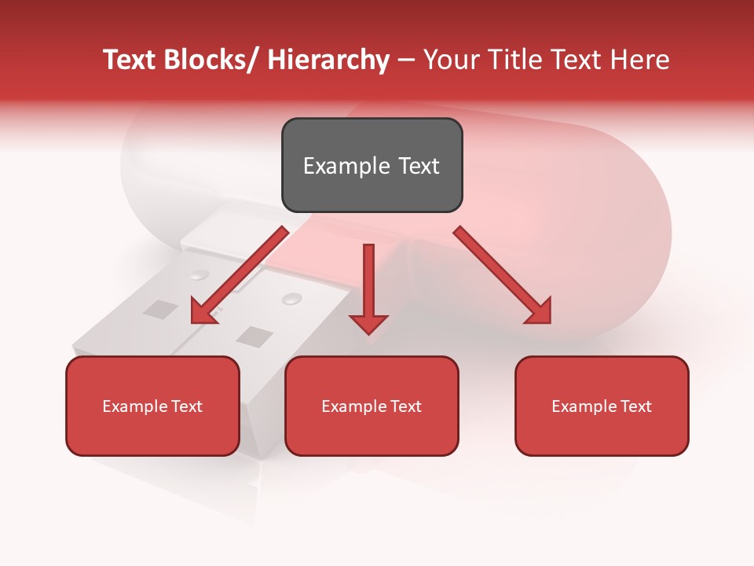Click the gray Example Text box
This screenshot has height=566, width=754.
[x=372, y=165]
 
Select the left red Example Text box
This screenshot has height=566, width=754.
[x=152, y=406]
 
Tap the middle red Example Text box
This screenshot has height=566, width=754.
[x=372, y=406]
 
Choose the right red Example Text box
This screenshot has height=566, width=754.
[x=602, y=406]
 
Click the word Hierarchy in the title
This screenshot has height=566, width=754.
[x=328, y=60]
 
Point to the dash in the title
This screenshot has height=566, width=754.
[x=406, y=61]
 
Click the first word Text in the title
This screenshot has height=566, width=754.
[x=130, y=60]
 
